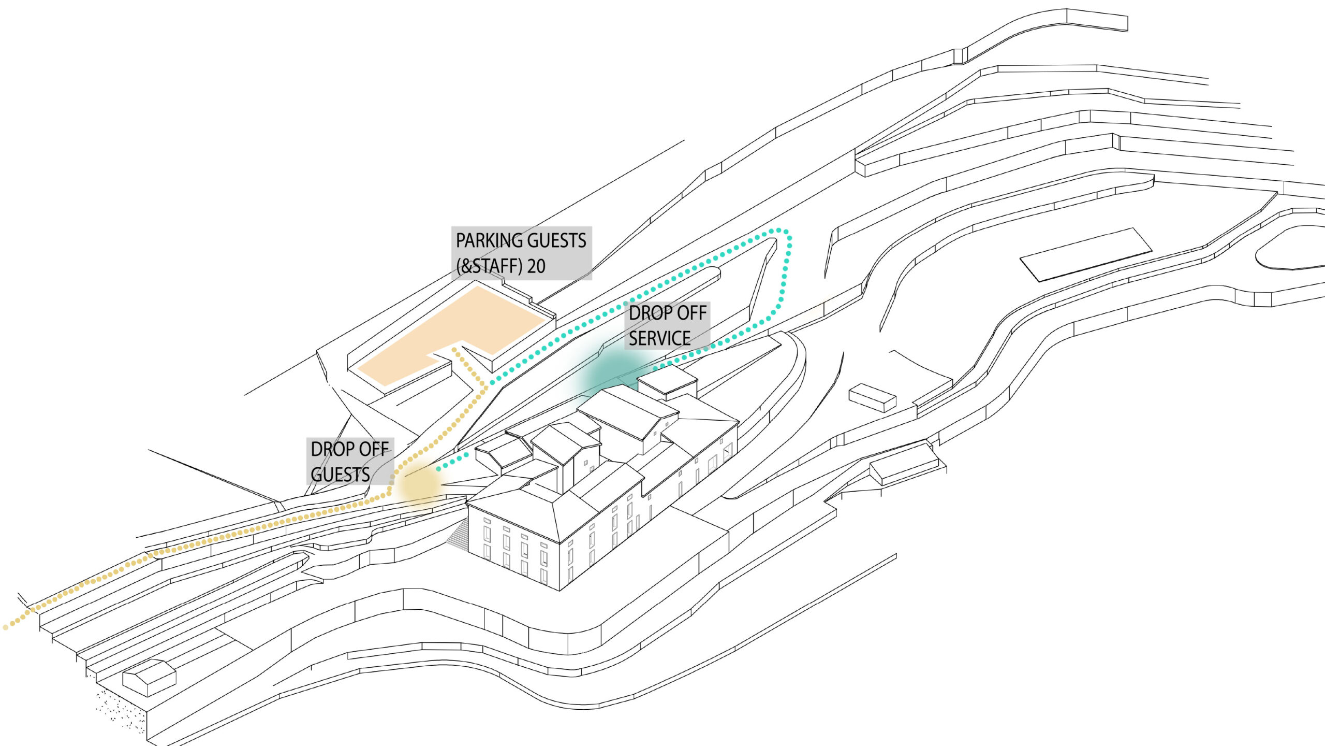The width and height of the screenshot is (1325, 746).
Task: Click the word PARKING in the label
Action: click(488, 241)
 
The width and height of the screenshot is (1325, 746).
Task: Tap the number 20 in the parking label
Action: click(536, 266)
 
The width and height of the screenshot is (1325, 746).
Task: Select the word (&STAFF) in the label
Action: click(489, 266)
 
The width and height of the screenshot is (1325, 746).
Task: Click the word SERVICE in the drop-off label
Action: click(659, 338)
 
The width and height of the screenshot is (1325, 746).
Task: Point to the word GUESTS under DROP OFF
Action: click(340, 475)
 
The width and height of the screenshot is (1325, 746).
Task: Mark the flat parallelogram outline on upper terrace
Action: click(1086, 254)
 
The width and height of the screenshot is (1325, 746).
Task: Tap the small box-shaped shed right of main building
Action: click(872, 397)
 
